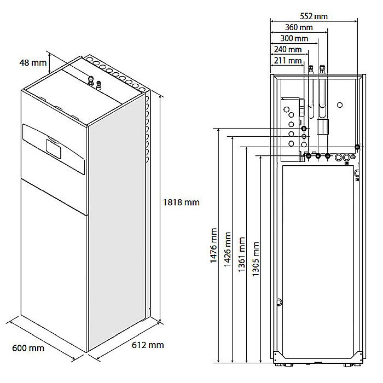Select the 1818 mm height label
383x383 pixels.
click(181, 202)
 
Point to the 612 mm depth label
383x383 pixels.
click(148, 345)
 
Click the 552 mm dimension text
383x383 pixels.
click(314, 16)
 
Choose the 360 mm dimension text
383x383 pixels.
click(299, 28)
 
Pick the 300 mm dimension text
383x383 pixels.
click(294, 39)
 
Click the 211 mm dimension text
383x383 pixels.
click(287, 60)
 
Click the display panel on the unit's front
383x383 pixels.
click(54, 147)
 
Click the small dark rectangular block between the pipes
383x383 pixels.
click(322, 128)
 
